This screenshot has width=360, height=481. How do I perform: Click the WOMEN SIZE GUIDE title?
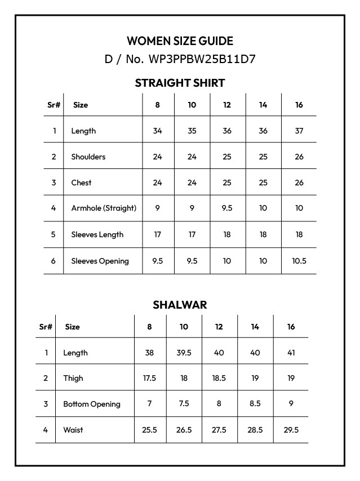pos(180,41)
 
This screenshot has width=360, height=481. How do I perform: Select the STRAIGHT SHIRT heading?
pos(180,83)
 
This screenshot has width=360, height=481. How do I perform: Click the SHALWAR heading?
pos(180,305)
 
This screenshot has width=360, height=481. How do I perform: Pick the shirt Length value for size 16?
pos(299,131)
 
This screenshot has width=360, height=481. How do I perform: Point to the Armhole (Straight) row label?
pos(104,208)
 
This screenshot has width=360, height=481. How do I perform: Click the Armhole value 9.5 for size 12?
pos(227,208)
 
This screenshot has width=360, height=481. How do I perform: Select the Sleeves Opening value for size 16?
pos(299,261)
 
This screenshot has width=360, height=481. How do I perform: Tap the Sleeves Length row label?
pos(97,234)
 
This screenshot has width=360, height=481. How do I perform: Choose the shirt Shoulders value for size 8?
pos(157,157)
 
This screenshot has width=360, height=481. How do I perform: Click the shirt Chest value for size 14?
pos(263,182)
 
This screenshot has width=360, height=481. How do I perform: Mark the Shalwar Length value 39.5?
pos(184,353)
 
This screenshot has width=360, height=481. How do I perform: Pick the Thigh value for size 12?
pos(219,378)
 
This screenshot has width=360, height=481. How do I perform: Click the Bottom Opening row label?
pos(92,404)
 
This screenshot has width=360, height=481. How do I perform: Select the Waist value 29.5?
pos(291,430)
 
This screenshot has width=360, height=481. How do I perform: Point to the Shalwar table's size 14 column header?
pos(255,327)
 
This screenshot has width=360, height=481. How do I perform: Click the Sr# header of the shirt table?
pos(54,105)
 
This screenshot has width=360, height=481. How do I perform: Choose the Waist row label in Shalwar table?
pos(73,430)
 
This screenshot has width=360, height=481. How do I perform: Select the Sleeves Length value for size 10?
pos(192,234)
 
